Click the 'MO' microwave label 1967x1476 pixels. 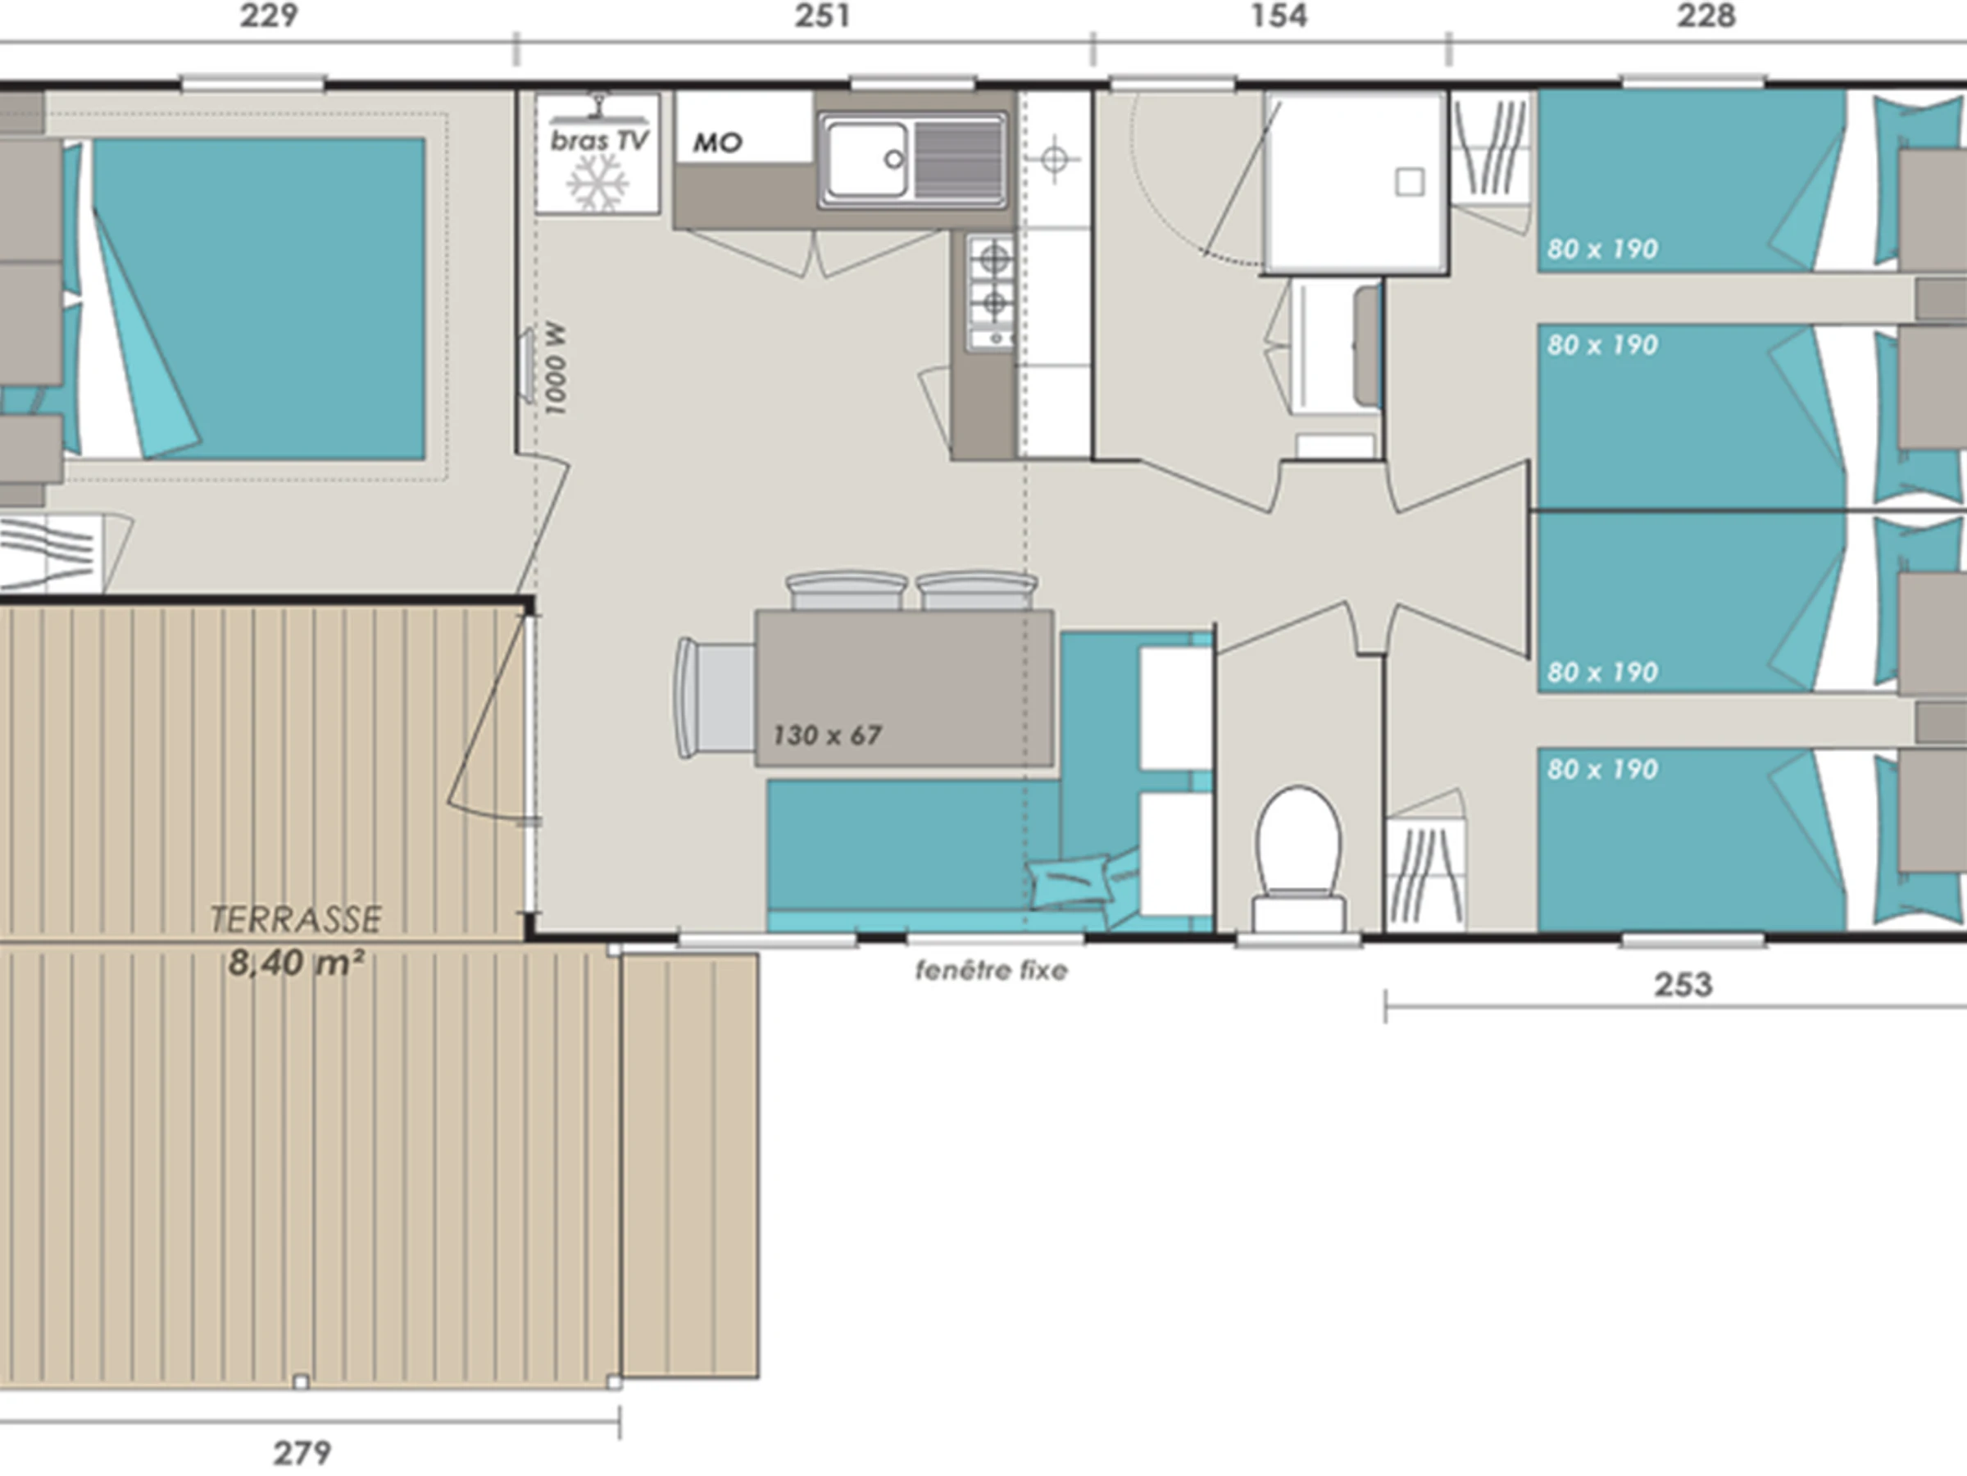[717, 143]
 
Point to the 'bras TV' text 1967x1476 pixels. [599, 140]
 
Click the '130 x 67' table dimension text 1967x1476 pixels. [827, 735]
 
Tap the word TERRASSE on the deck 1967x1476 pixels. [296, 919]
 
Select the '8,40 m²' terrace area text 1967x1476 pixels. [296, 962]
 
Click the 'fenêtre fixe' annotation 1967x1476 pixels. [992, 970]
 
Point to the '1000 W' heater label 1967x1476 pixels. [555, 368]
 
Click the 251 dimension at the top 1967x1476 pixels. [822, 16]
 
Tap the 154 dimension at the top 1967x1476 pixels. [1279, 16]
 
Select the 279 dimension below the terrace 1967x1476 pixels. [302, 1453]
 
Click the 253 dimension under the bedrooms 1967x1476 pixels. [1683, 985]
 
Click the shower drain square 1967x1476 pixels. [1410, 182]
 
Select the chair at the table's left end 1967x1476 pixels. [715, 699]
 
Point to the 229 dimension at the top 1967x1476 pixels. [269, 16]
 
